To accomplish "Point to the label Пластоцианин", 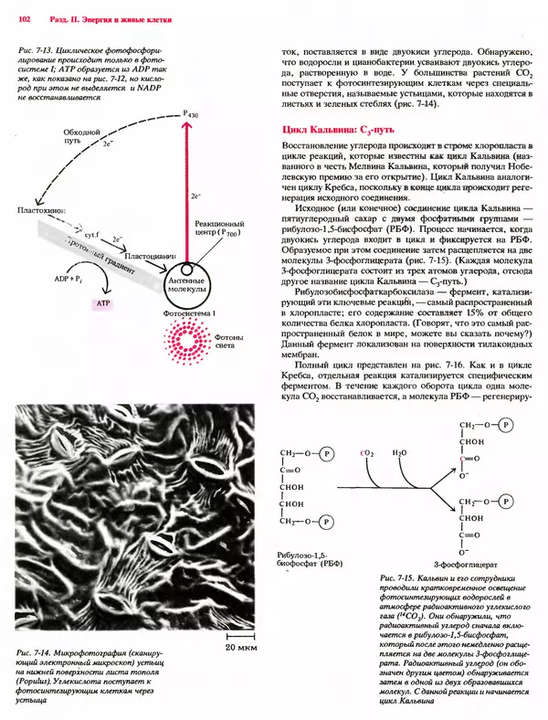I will [x=150, y=256].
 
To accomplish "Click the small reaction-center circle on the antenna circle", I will [x=186, y=270].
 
